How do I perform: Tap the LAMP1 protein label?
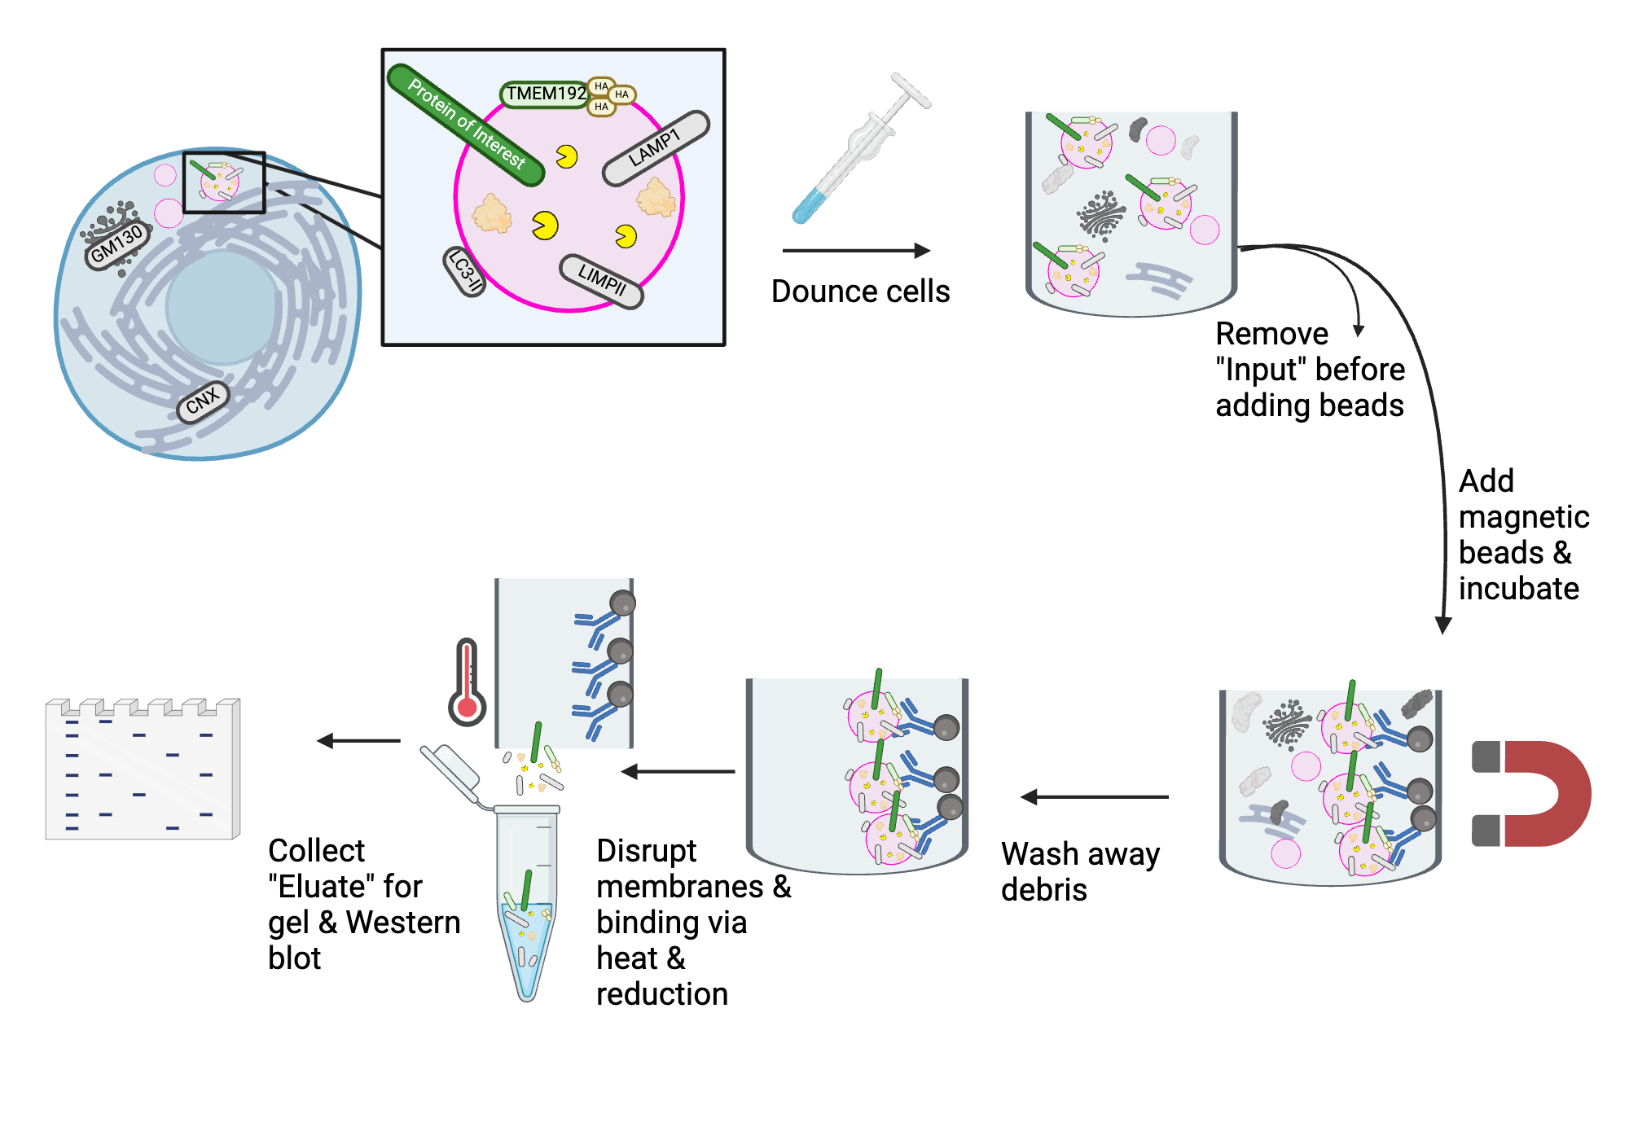[x=656, y=148]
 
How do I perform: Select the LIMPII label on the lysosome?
[x=601, y=281]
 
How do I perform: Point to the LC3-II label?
[x=465, y=272]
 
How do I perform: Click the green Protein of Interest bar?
[x=465, y=124]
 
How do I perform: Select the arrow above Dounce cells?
[x=855, y=251]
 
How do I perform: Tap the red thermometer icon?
[x=467, y=684]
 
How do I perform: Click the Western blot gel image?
[x=143, y=769]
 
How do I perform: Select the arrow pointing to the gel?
[x=358, y=741]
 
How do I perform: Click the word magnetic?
[x=1523, y=517]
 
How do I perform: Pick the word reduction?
[x=661, y=994]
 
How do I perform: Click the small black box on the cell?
[x=224, y=182]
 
